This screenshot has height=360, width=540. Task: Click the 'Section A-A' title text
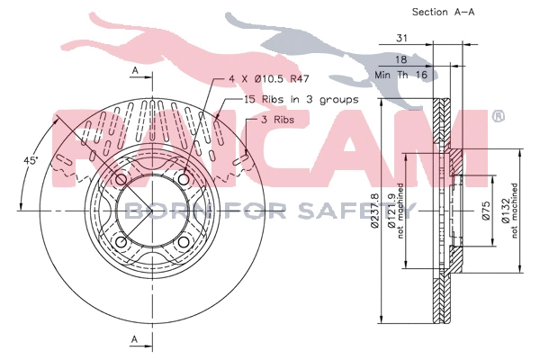pos(443,12)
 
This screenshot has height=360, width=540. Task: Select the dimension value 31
pos(401,38)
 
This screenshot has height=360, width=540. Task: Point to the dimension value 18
pos(400,59)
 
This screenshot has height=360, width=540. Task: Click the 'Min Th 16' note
pos(400,75)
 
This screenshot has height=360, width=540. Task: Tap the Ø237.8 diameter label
pos(374,211)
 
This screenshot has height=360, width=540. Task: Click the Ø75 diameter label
pos(485,211)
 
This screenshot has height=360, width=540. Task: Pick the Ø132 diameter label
pos(505,211)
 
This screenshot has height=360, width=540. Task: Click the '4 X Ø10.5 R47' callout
pos(269,79)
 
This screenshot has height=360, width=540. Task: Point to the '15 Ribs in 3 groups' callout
pos(301,100)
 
